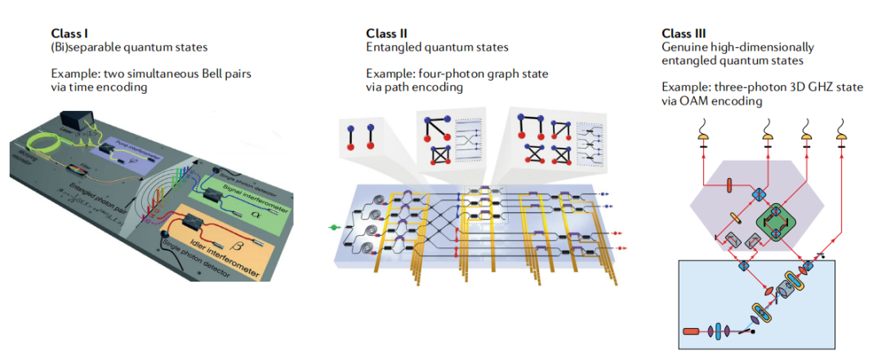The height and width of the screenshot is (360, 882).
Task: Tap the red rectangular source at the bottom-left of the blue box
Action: click(x=691, y=331)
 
